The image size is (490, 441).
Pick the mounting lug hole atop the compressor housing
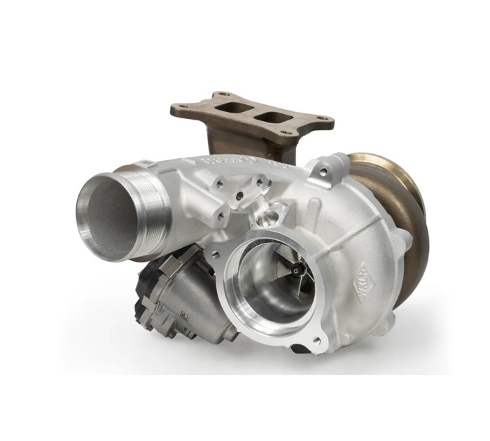(x=323, y=171)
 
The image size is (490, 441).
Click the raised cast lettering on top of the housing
(x=231, y=163)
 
